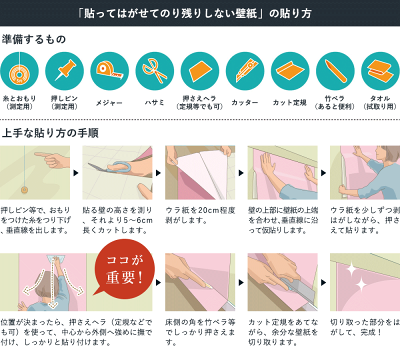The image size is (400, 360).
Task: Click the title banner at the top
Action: tap(200, 16)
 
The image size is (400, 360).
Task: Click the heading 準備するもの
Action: tap(37, 41)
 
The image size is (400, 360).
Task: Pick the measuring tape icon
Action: tap(108, 70)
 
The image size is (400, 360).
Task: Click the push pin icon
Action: tap(64, 70)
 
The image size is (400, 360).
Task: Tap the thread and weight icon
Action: tap(20, 70)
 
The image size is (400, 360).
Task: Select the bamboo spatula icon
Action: tap(333, 70)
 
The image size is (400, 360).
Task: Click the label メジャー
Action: tap(108, 101)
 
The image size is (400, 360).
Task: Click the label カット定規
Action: tap(288, 101)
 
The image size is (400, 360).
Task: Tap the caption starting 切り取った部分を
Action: tap(364, 329)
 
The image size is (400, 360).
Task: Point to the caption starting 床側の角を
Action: tap(201, 329)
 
